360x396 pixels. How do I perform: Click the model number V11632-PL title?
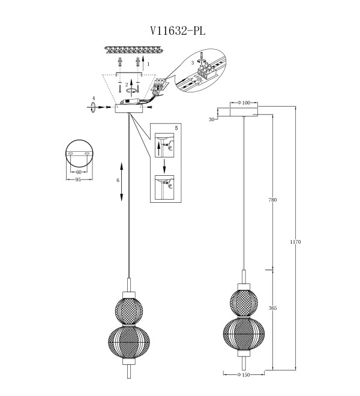(178, 31)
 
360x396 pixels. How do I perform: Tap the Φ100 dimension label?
(244, 103)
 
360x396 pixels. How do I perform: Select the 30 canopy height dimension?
(211, 119)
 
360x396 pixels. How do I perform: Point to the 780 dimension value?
(272, 200)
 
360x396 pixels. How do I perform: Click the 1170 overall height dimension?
(295, 242)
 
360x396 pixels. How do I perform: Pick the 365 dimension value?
(272, 308)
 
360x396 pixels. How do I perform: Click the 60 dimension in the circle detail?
(79, 172)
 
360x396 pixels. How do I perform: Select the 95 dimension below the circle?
(78, 180)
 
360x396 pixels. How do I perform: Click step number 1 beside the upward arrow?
(148, 64)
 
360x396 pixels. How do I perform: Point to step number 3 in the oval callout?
(193, 63)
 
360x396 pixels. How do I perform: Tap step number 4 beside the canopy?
(94, 98)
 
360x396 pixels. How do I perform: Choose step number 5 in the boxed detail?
(176, 128)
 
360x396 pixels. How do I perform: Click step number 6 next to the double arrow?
(118, 181)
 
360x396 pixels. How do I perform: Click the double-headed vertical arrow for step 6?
(122, 182)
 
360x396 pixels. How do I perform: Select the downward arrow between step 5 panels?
(164, 166)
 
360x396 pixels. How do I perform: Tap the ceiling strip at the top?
(133, 50)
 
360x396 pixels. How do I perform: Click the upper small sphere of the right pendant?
(244, 303)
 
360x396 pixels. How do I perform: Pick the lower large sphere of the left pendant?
(129, 342)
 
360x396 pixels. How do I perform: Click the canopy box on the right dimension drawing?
(244, 112)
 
